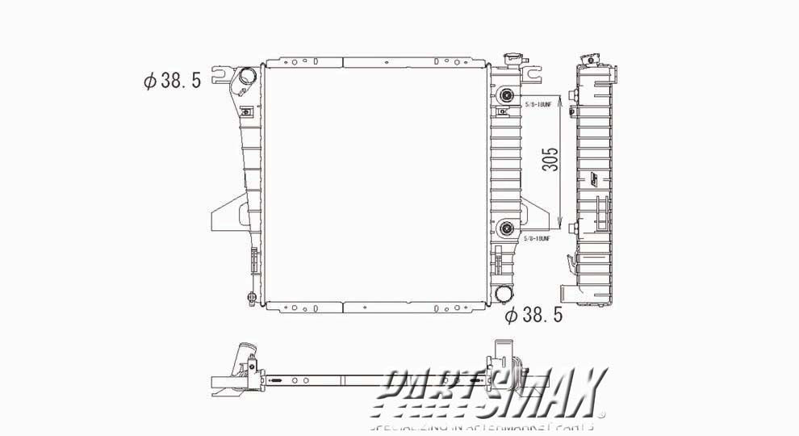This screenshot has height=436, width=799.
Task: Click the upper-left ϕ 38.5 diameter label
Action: point(171,81)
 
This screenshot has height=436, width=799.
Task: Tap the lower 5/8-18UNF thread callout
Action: point(536,239)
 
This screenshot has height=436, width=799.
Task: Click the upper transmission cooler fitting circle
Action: point(507,95)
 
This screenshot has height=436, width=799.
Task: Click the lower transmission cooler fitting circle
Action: point(507,228)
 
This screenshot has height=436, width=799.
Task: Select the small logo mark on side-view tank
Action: point(597,182)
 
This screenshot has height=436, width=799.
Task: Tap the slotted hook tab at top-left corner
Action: point(220,76)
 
